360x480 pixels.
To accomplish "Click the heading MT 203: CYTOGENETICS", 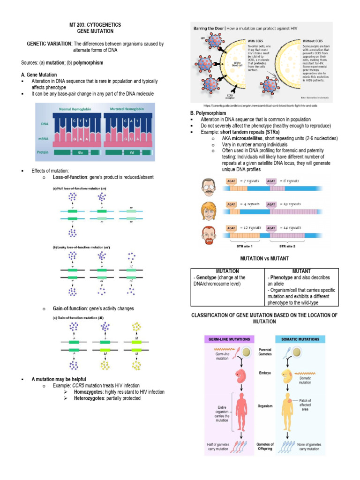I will (x=95, y=24).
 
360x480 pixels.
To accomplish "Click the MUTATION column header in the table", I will (x=227, y=271).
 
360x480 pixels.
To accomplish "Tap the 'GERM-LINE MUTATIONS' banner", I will (x=228, y=338).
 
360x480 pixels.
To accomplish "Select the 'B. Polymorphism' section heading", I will (x=208, y=113).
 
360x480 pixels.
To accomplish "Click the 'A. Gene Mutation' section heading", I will (x=39, y=75).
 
